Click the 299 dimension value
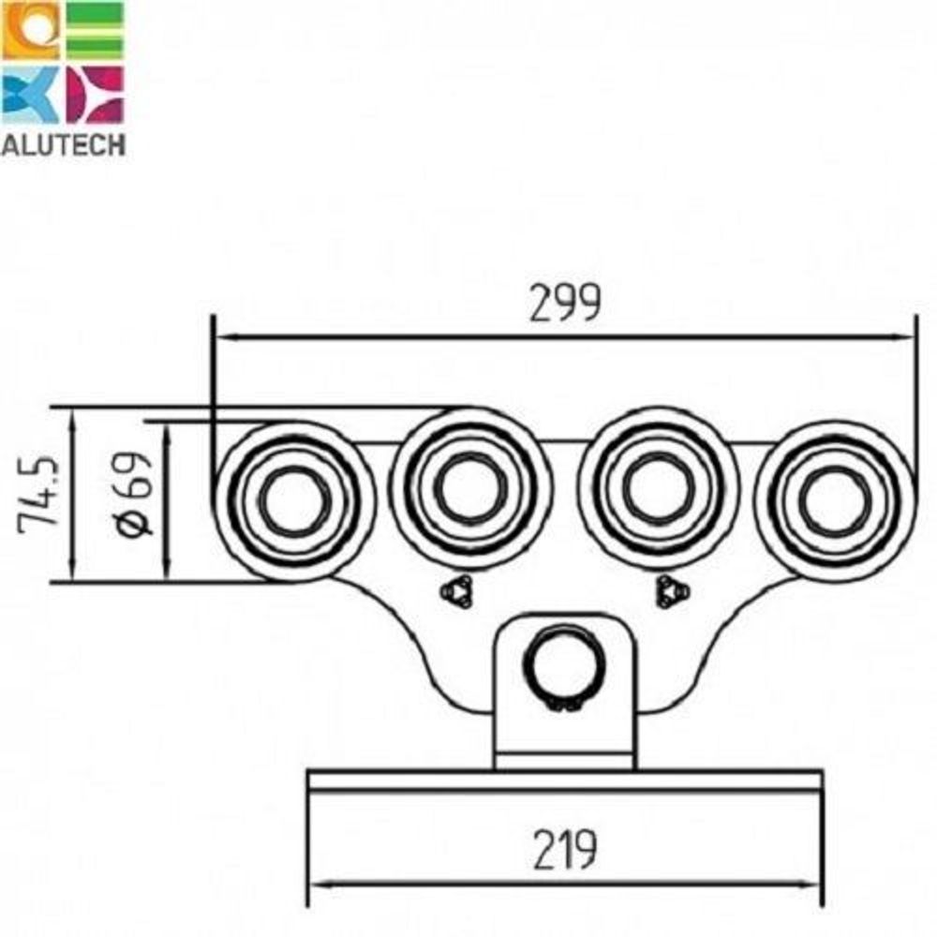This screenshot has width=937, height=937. point(565,303)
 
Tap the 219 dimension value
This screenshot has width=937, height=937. point(565,849)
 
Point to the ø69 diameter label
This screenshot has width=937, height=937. point(132,493)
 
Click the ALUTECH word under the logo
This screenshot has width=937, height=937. point(63,145)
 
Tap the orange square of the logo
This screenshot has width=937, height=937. point(30,30)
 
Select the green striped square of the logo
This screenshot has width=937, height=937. point(94,30)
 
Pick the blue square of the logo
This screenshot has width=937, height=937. point(30,95)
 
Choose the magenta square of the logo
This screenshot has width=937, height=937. point(94,95)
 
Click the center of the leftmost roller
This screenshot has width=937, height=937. point(294,500)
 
